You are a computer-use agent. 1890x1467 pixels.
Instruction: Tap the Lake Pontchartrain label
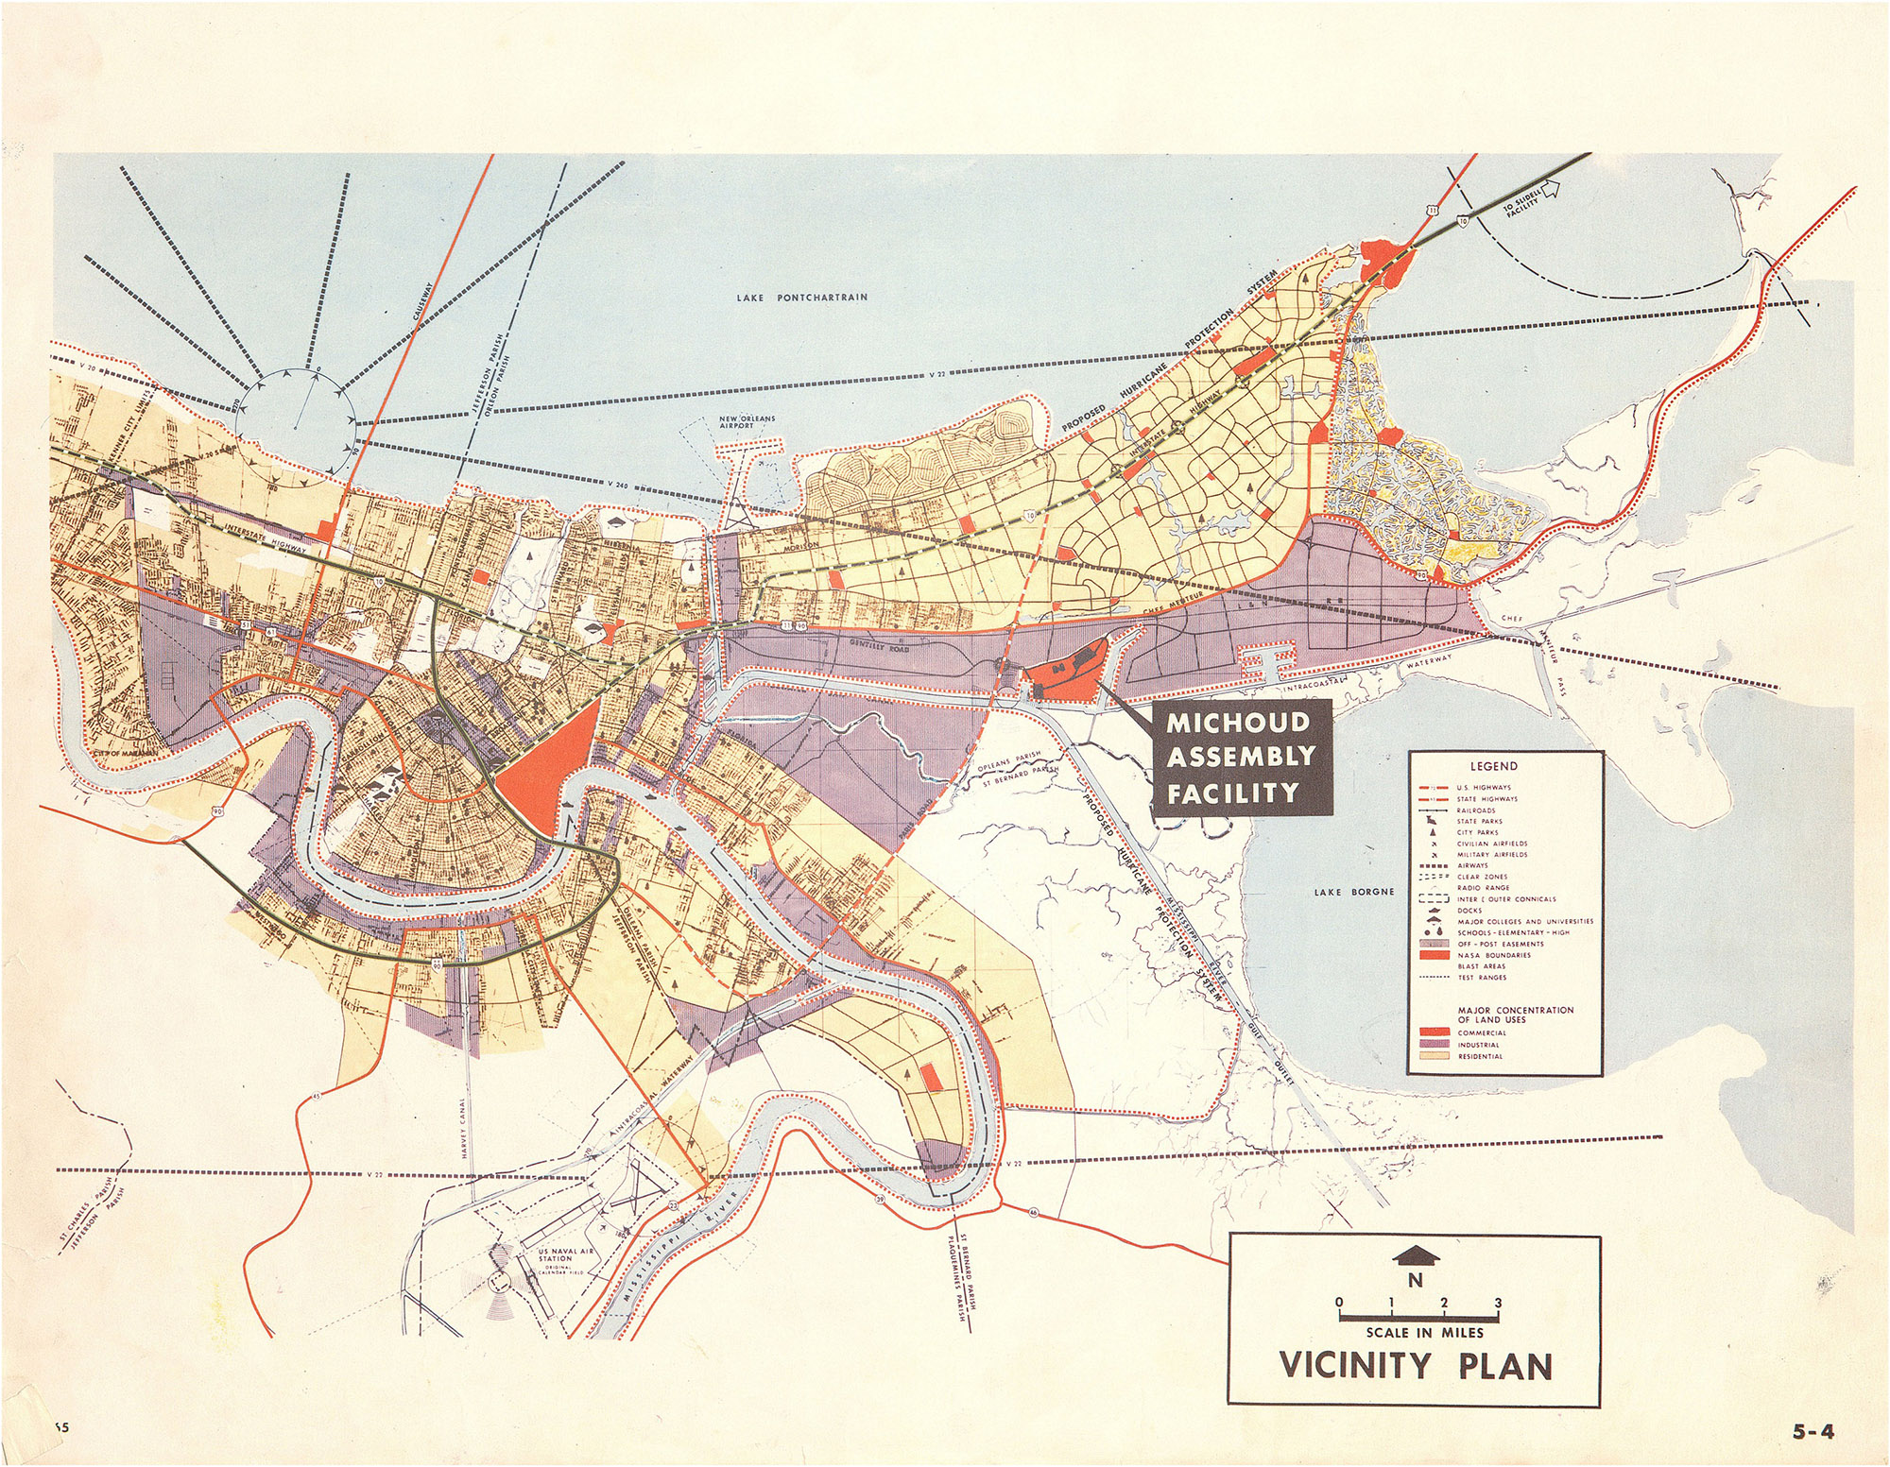pyautogui.click(x=801, y=298)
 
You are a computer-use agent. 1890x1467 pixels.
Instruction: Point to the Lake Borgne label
pyautogui.click(x=1354, y=891)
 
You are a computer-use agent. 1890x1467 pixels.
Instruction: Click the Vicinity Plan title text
pyautogui.click(x=1415, y=1367)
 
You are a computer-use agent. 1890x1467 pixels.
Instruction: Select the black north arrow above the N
pyautogui.click(x=1415, y=1254)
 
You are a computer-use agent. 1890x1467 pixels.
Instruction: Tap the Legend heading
pyautogui.click(x=1493, y=766)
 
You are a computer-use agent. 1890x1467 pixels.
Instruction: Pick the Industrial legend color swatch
pyautogui.click(x=1435, y=1045)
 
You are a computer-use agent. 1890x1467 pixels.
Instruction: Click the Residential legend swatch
pyautogui.click(x=1435, y=1056)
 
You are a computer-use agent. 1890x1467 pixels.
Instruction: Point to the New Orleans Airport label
pyautogui.click(x=747, y=422)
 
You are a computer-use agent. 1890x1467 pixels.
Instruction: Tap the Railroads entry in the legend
pyautogui.click(x=1475, y=810)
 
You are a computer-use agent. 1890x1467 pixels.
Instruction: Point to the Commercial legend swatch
pyautogui.click(x=1435, y=1032)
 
